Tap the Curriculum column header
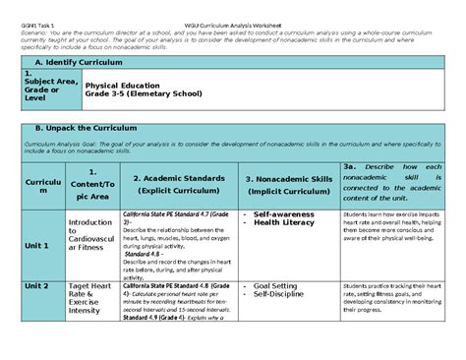click(x=38, y=188)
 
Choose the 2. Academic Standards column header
click(x=181, y=183)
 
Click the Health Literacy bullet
click(x=288, y=222)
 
